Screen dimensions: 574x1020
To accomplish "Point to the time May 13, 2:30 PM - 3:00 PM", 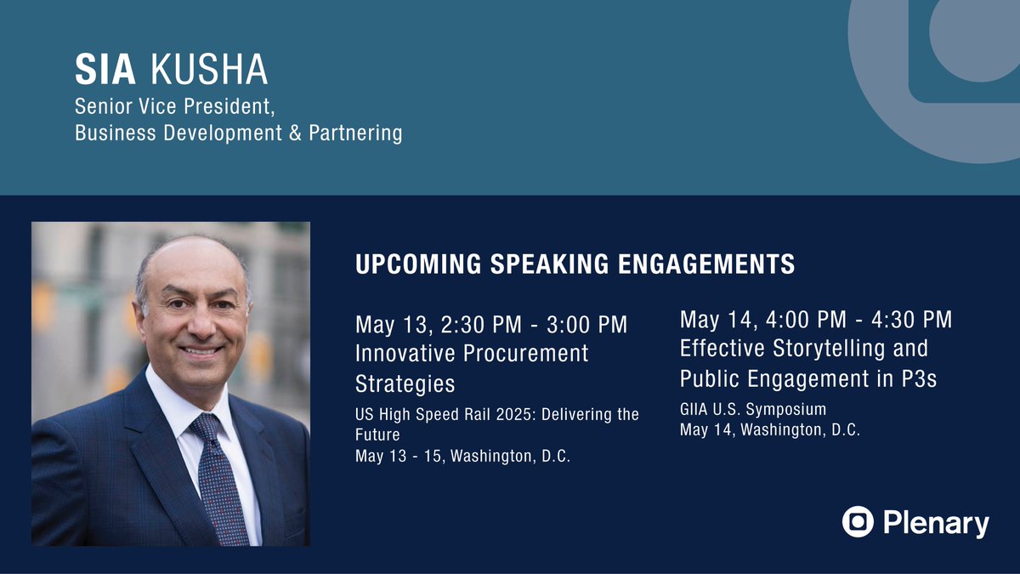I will point(491,325).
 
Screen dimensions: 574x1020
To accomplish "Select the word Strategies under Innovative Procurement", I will point(405,384).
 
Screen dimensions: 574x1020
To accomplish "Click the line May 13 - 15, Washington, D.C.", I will point(462,457).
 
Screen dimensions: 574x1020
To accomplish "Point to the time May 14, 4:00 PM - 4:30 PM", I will point(815,320).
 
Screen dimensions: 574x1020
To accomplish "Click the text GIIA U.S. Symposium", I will point(752,410).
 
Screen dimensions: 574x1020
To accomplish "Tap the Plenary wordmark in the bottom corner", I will point(936,523).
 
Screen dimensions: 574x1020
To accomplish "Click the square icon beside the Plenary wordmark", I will point(858,522).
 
